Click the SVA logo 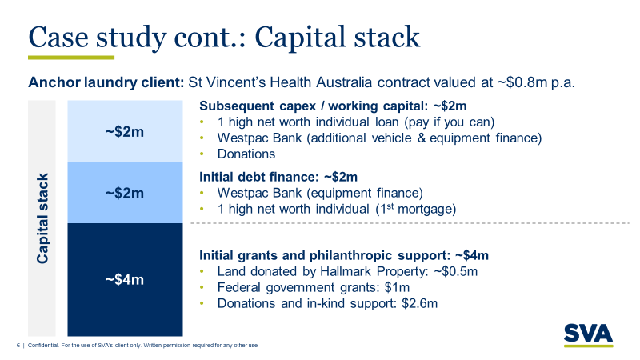(x=588, y=333)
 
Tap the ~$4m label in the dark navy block (x=125, y=279)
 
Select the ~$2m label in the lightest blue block (x=125, y=131)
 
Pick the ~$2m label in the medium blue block (x=125, y=193)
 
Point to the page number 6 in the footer (x=18, y=346)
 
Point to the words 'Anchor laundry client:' (x=106, y=83)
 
